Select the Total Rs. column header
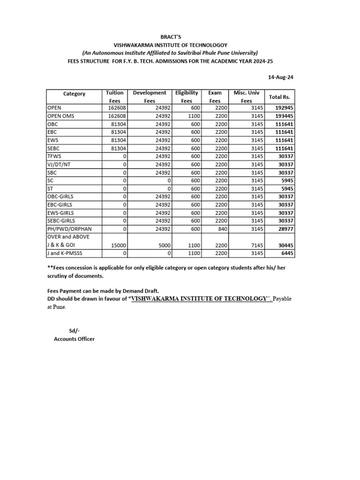[280, 97]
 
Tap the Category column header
[74, 93]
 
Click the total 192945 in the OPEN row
[284, 108]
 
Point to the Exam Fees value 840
[221, 229]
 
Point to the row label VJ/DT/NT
[59, 165]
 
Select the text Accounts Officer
[74, 338]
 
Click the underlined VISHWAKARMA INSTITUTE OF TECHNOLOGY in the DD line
[199, 299]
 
